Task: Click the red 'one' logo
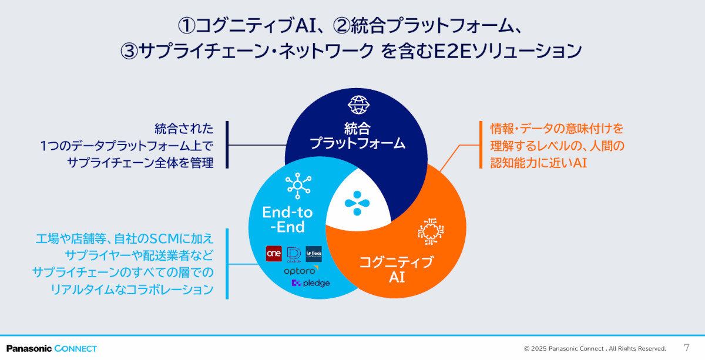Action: (274, 253)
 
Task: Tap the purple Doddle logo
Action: (294, 254)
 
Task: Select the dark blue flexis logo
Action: (314, 254)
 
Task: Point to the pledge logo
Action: (311, 283)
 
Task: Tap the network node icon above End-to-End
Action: (297, 186)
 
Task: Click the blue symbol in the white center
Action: (358, 203)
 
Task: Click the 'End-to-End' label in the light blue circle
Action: (288, 220)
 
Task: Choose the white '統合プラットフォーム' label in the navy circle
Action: (357, 135)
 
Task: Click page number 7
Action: (687, 347)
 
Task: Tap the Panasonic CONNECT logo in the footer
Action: (52, 348)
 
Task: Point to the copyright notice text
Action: (595, 348)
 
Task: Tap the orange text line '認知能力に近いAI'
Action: (539, 163)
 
